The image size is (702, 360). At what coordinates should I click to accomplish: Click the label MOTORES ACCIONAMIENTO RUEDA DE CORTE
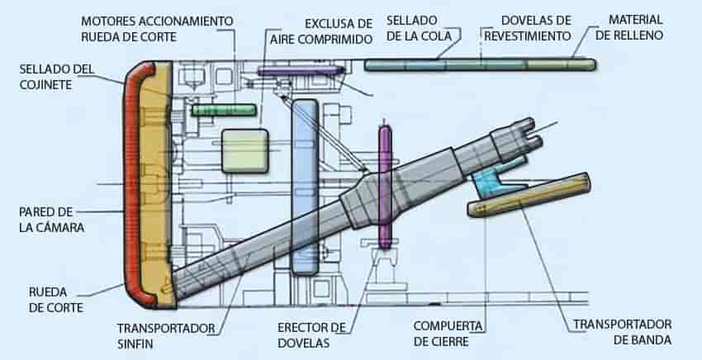(x=157, y=29)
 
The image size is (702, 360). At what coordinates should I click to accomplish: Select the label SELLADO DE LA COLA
(x=419, y=28)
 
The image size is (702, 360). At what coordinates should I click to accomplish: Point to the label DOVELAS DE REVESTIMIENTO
(x=528, y=28)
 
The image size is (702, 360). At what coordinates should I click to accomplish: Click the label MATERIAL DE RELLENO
(x=629, y=27)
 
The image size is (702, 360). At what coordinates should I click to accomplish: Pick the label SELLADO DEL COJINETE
(x=57, y=77)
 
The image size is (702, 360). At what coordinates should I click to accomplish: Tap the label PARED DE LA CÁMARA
(x=51, y=220)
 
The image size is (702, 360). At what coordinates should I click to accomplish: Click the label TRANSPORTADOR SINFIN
(x=166, y=336)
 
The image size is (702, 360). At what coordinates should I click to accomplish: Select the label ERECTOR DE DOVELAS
(x=311, y=335)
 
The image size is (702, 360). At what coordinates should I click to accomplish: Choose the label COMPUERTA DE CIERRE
(x=448, y=334)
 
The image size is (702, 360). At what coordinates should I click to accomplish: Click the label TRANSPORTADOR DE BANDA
(x=623, y=332)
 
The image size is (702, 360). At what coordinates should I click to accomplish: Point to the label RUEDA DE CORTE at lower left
(x=56, y=300)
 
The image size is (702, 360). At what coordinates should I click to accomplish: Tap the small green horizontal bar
(x=224, y=110)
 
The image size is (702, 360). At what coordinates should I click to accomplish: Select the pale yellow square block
(x=245, y=151)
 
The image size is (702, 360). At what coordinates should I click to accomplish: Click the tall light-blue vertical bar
(x=305, y=187)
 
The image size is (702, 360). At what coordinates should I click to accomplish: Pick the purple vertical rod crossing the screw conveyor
(x=385, y=187)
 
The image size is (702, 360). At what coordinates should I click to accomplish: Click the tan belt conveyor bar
(x=529, y=195)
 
